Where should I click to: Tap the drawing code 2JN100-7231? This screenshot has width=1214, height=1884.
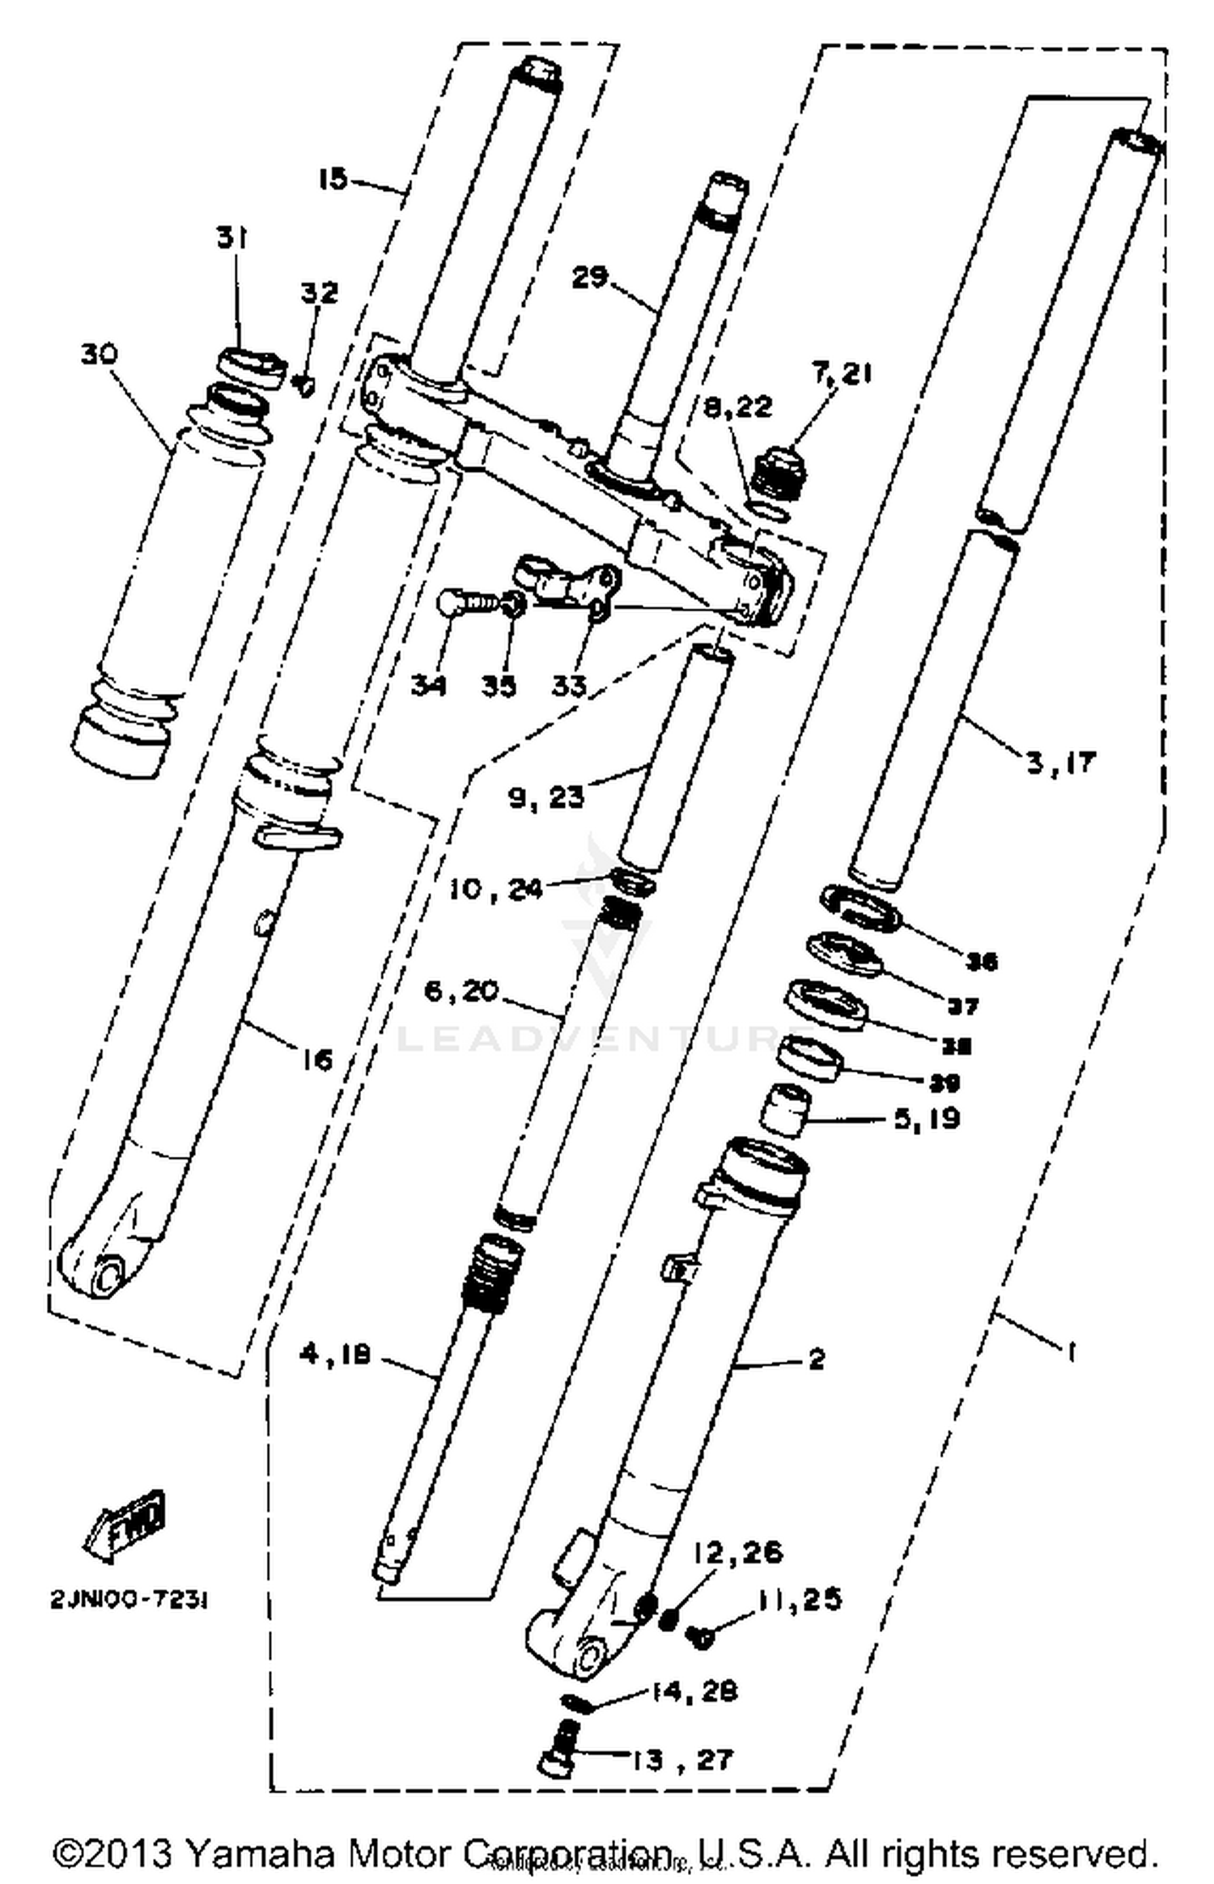[x=129, y=1602]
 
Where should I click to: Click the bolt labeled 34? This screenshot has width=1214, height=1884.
[x=462, y=604]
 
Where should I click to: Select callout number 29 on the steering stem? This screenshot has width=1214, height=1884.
[x=589, y=278]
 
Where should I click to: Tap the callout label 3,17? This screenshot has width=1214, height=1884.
[x=1060, y=762]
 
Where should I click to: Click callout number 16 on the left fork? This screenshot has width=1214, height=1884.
[x=316, y=1059]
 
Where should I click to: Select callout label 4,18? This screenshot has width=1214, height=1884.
[x=335, y=1353]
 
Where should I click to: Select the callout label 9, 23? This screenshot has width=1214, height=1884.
[x=545, y=797]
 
